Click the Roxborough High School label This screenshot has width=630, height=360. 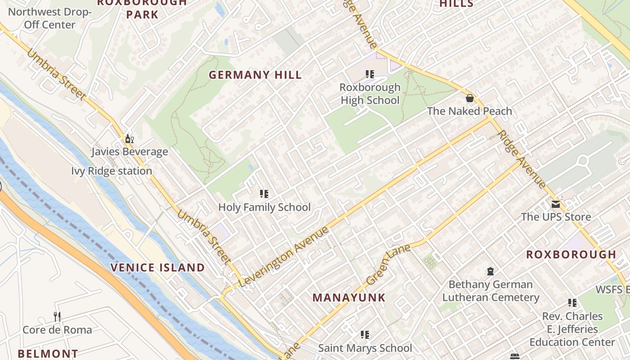pos(370,94)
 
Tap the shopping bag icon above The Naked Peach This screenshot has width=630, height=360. pos(470,98)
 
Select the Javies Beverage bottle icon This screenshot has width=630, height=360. pos(129,139)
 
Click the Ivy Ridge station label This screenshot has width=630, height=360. pos(112,171)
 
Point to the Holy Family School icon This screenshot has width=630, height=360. pos(264,194)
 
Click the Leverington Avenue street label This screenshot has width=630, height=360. pos(284,257)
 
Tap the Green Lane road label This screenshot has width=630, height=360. pos(388,265)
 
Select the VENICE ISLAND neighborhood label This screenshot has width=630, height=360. pos(157,268)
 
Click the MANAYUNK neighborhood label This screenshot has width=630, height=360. pos(349,297)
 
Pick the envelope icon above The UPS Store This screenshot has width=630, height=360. pos(556,204)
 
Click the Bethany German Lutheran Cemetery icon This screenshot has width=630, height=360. pos(490,271)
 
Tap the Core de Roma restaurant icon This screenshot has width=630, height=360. pos(57,316)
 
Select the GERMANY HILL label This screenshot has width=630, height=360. pos(255,75)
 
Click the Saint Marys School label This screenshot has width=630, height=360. pos(365,348)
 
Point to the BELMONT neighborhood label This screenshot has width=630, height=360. pos(48,354)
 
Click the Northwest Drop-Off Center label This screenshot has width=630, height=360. pos(49,18)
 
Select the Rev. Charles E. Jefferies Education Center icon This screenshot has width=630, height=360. pos(572,303)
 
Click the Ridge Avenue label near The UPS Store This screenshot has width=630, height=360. pos(522,159)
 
